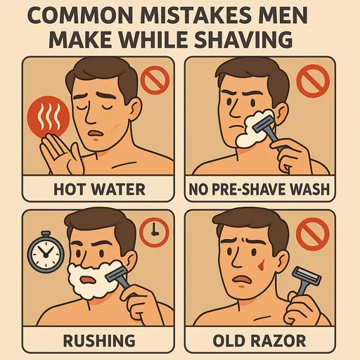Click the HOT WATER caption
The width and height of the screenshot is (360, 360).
click(99, 189)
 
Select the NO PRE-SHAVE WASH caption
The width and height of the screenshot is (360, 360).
click(259, 189)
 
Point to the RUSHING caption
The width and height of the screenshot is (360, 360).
click(99, 340)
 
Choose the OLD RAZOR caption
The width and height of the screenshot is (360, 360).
click(259, 340)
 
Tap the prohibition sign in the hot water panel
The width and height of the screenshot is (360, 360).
click(155, 80)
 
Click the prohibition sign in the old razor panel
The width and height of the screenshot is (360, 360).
click(313, 234)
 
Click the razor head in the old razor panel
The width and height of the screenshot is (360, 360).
click(307, 276)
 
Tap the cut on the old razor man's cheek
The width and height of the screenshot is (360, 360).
click(261, 264)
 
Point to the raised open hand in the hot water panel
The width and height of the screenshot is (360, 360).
click(61, 153)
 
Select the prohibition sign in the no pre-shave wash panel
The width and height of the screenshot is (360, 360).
click(314, 81)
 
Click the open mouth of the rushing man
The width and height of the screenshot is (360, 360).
click(88, 280)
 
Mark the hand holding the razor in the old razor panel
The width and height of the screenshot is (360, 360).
click(302, 307)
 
